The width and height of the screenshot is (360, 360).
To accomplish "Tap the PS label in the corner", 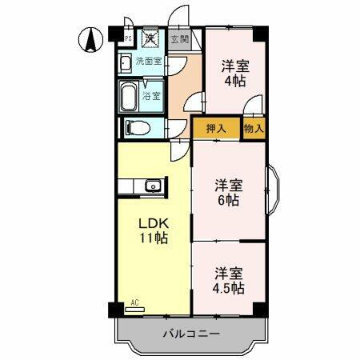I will tap(128, 37).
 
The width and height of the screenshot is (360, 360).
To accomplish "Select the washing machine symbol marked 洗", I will tap(150, 37).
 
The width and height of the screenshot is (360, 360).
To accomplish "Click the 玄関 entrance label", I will tap(179, 38).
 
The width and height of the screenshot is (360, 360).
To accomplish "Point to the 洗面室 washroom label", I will tap(147, 61).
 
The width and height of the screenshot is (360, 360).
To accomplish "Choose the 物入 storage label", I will tap(254, 128).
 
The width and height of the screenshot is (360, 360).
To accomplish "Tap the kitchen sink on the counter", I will tap(152, 187).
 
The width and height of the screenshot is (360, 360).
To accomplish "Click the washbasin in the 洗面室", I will tap(126, 63).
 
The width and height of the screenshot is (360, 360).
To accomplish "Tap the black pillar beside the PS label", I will tap(117, 37).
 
